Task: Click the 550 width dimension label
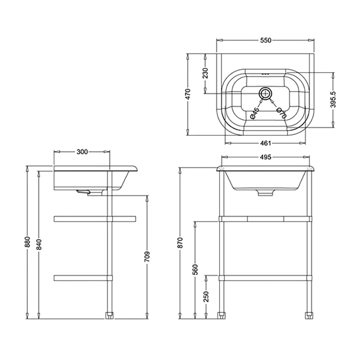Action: pyautogui.click(x=265, y=40)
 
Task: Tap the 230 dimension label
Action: pyautogui.click(x=206, y=74)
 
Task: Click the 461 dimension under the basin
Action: pyautogui.click(x=265, y=144)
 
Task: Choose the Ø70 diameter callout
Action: pyautogui.click(x=281, y=112)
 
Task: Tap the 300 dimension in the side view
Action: pyautogui.click(x=81, y=152)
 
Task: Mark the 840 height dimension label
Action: pyautogui.click(x=39, y=243)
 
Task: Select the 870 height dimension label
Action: pyautogui.click(x=180, y=243)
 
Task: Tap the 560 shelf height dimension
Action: pyautogui.click(x=195, y=270)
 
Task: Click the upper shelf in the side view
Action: pyautogui.click(x=94, y=219)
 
